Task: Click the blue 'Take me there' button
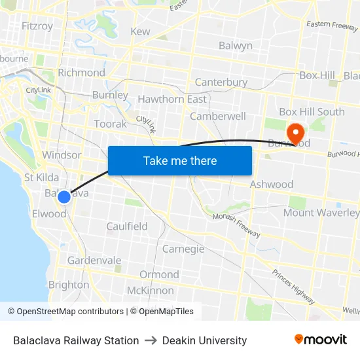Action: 180,160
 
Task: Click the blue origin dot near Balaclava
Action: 63,197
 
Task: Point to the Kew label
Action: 140,31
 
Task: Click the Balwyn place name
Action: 235,46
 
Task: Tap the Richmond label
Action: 81,73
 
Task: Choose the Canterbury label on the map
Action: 221,82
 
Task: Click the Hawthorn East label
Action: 172,99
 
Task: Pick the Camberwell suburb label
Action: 218,116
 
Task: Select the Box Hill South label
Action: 312,112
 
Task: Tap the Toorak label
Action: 110,124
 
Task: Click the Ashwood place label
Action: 271,185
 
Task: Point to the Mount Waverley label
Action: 321,213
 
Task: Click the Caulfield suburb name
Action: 127,226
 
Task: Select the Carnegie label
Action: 183,249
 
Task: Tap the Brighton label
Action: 69,285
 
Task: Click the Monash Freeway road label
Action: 236,226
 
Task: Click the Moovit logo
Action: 321,340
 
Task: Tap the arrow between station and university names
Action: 151,340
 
